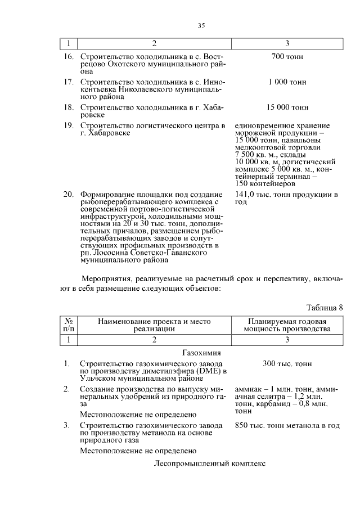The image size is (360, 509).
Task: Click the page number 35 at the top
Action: point(202,25)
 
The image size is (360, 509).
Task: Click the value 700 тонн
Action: point(287,57)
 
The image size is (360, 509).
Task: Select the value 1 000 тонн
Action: point(287,82)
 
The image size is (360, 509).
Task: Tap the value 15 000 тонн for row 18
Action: point(287,107)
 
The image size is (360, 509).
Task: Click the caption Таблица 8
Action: point(324,307)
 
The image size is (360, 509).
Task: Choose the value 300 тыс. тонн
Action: point(287,364)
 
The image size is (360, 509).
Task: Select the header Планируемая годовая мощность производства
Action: point(287,325)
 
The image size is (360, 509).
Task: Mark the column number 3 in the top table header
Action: point(287,43)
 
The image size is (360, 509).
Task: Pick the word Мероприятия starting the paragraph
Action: point(107,278)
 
